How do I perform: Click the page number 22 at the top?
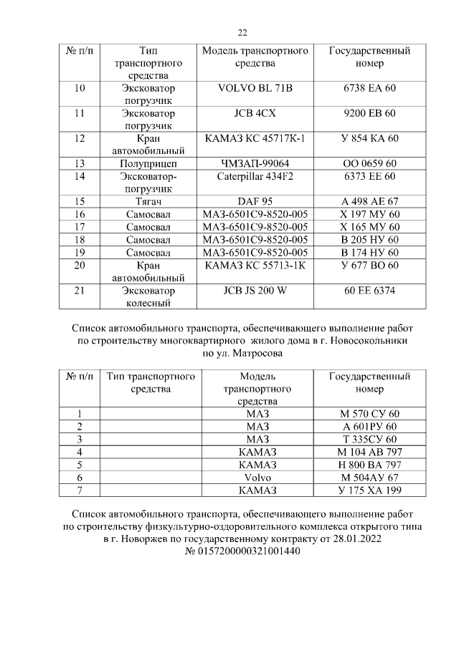[242, 32]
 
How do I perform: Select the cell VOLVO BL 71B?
[255, 88]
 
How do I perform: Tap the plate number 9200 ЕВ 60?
[369, 113]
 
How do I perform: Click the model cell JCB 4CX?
[255, 113]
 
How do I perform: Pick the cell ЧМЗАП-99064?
[255, 164]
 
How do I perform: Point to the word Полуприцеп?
[148, 164]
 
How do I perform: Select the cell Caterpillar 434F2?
[255, 176]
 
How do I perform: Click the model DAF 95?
[255, 202]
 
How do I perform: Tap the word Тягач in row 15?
[148, 202]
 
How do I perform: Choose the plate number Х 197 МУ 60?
[369, 215]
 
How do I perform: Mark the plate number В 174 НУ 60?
[369, 253]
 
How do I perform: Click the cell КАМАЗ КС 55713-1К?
[255, 265]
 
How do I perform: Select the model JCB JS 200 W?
[255, 291]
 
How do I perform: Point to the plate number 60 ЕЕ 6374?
[369, 291]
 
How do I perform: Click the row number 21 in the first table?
[80, 291]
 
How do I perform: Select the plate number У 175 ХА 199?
[369, 490]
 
